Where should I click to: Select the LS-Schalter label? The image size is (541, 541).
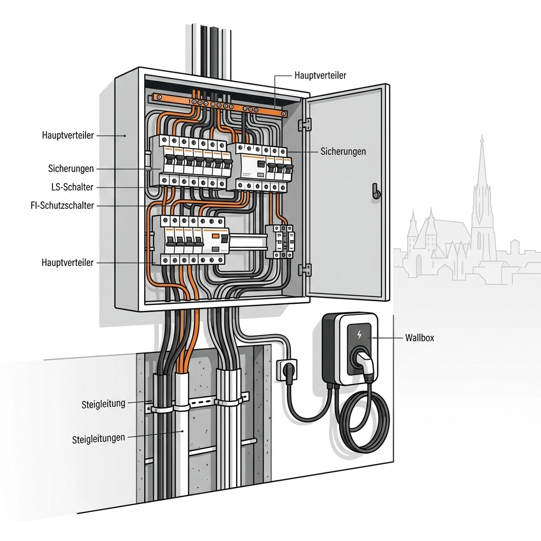point(73,187)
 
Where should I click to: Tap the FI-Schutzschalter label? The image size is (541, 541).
point(62,205)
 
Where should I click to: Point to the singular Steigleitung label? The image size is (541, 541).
point(104,405)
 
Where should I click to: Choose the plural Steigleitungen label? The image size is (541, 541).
point(98,439)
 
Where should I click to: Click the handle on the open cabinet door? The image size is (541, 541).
point(376,191)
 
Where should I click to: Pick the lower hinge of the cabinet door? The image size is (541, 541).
point(304,269)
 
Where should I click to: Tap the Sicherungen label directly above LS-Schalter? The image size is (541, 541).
point(71,169)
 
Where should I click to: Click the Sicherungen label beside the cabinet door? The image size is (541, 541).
point(343,152)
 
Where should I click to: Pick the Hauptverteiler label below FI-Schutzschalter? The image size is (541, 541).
point(68,263)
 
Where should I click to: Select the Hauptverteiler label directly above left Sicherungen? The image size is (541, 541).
point(68,136)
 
